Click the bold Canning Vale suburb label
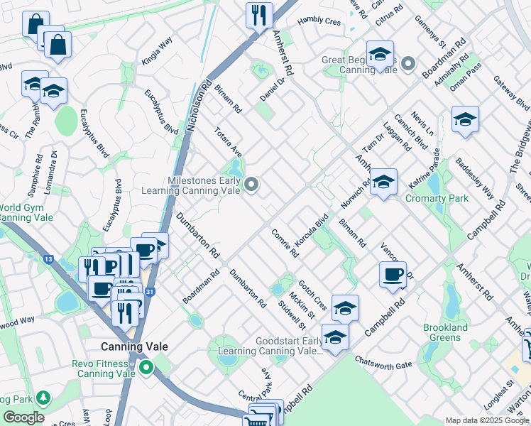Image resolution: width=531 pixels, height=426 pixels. (x=135, y=346)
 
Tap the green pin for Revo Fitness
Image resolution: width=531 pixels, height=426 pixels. (x=146, y=368)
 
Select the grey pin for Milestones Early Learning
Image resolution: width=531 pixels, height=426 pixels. (x=251, y=185)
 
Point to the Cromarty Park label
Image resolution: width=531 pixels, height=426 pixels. (x=437, y=199)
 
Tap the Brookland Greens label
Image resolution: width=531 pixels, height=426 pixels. (x=445, y=332)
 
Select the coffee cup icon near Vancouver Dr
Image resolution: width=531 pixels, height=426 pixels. (x=393, y=273)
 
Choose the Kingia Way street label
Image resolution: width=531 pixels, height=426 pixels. (x=157, y=52)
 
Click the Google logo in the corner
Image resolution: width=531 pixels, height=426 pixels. (x=24, y=417)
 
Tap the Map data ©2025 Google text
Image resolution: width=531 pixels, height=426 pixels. (x=486, y=420)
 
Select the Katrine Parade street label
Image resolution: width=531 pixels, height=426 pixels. (x=424, y=168)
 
